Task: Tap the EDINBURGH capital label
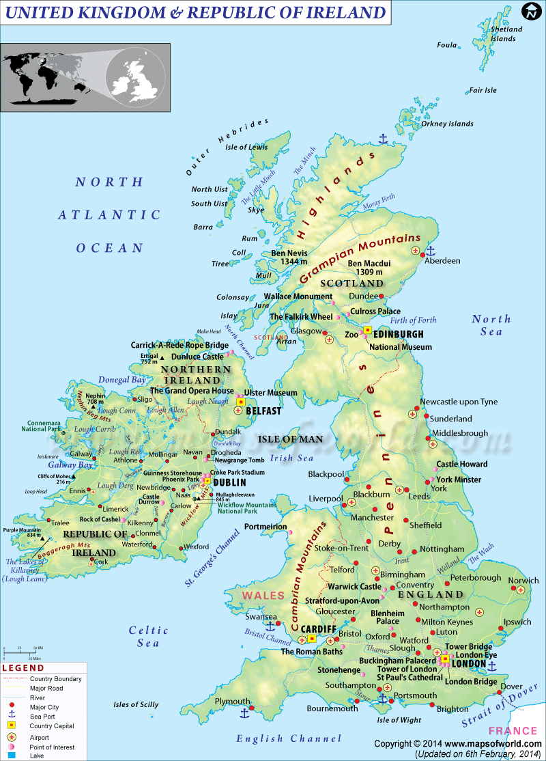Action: tap(398, 334)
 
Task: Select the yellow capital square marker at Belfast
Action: tap(240, 403)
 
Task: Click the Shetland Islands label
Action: tap(506, 33)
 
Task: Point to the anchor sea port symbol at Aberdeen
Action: tap(431, 251)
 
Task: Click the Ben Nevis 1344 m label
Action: tap(288, 258)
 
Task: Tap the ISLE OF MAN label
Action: tap(287, 439)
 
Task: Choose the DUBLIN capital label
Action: tap(229, 482)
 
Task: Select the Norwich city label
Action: tap(523, 581)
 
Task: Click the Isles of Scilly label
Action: tap(136, 704)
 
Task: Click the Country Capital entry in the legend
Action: tap(52, 726)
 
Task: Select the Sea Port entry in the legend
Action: tap(44, 717)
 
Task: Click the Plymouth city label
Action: tap(232, 702)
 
